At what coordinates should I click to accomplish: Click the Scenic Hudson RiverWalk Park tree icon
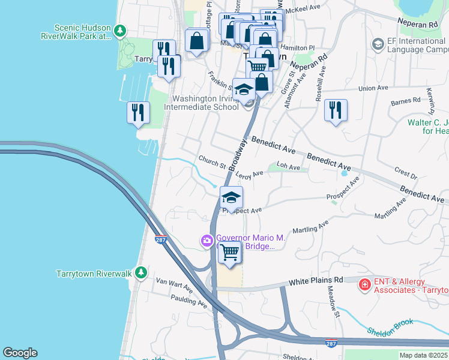pyautogui.click(x=121, y=30)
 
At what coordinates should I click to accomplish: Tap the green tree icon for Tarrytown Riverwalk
pyautogui.click(x=141, y=273)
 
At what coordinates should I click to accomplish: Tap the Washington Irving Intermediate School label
pyautogui.click(x=206, y=103)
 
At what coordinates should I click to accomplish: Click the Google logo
pyautogui.click(x=20, y=353)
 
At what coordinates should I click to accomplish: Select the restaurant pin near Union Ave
pyautogui.click(x=336, y=110)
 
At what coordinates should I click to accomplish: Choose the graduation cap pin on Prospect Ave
pyautogui.click(x=231, y=197)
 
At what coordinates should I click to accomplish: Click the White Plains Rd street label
pyautogui.click(x=315, y=280)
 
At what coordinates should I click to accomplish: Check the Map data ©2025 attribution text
pyautogui.click(x=423, y=355)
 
